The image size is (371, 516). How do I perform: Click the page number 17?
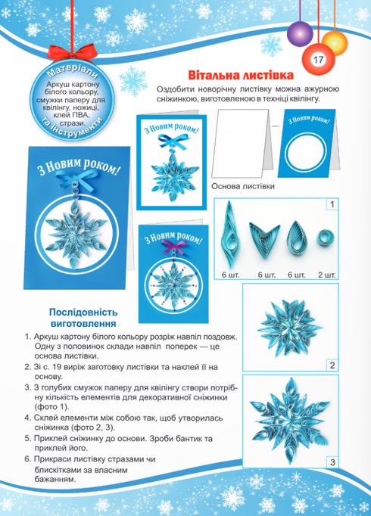point(316,61)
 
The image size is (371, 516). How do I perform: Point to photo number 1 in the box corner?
point(332,204)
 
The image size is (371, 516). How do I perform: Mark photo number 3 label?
point(332,462)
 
